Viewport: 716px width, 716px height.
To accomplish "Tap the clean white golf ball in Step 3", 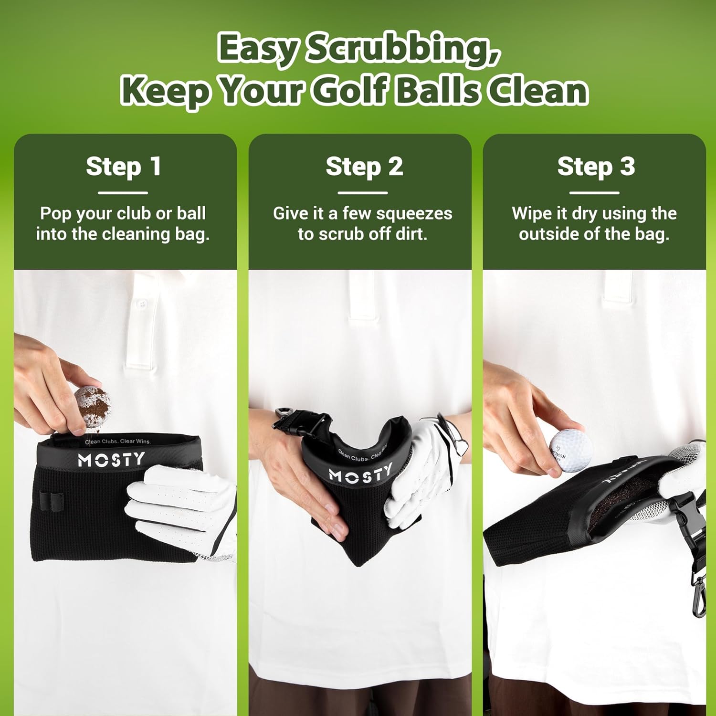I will (x=570, y=450).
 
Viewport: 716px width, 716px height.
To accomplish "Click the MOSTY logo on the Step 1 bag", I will (x=111, y=460).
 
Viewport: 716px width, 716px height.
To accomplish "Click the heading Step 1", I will (x=124, y=167).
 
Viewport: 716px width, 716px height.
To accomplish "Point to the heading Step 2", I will (x=364, y=167).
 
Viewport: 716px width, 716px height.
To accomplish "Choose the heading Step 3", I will (x=596, y=167).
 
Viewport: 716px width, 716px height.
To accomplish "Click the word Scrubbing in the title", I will (x=403, y=49).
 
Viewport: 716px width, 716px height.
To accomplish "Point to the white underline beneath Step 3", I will (x=594, y=193).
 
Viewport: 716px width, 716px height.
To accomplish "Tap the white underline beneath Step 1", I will (x=123, y=193).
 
